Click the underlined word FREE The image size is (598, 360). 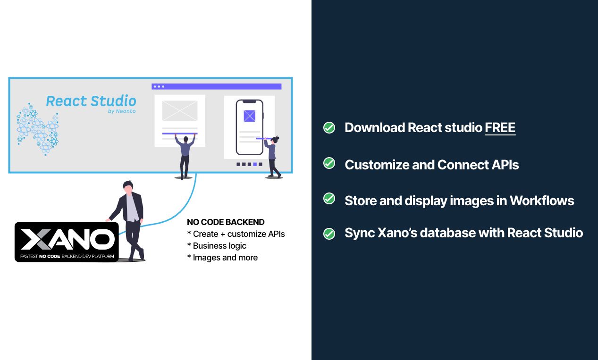pos(500,127)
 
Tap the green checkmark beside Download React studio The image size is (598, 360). pos(329,127)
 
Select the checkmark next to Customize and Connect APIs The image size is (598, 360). pos(329,163)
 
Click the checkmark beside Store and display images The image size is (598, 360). pos(329,199)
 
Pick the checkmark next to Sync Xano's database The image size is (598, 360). pos(329,234)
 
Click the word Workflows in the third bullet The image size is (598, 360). pos(542,201)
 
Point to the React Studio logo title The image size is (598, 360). pos(91,101)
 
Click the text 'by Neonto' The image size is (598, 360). pos(122,111)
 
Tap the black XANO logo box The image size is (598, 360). pos(67,242)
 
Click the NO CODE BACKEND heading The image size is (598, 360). pos(226,222)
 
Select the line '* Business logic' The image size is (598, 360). pos(217,246)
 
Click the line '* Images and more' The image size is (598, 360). pos(222,258)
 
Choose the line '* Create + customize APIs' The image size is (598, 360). pos(236,234)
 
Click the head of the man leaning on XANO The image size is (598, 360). pos(127,187)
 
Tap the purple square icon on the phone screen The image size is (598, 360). pos(249,116)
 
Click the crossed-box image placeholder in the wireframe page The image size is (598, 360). pos(180,110)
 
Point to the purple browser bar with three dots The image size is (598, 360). pos(216,86)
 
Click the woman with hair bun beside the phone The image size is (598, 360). pos(272,156)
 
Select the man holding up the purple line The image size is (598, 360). pos(185,155)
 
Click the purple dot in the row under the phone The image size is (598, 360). pos(255,164)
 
